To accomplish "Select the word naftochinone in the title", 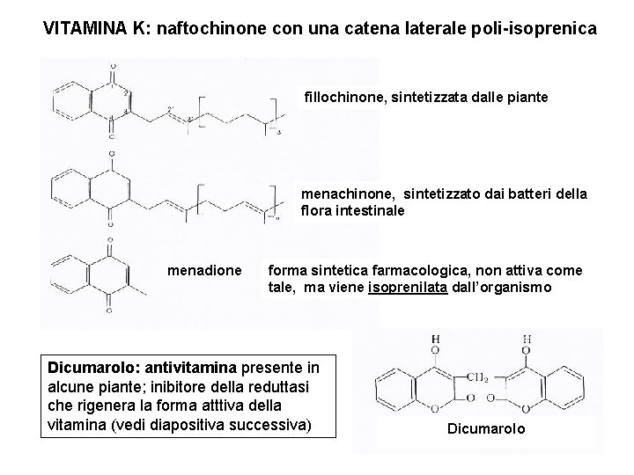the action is click(x=210, y=28).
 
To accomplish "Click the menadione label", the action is click(x=203, y=270).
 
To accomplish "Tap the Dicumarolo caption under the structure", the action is click(x=486, y=428).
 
